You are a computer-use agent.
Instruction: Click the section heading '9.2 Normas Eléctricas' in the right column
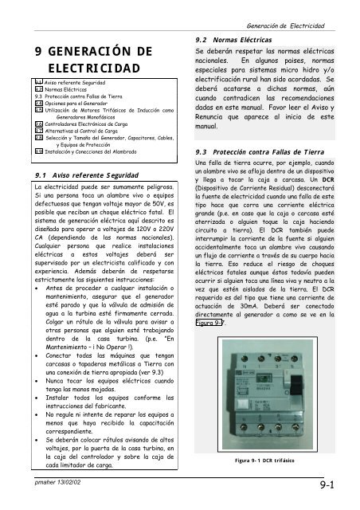pos(239,38)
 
